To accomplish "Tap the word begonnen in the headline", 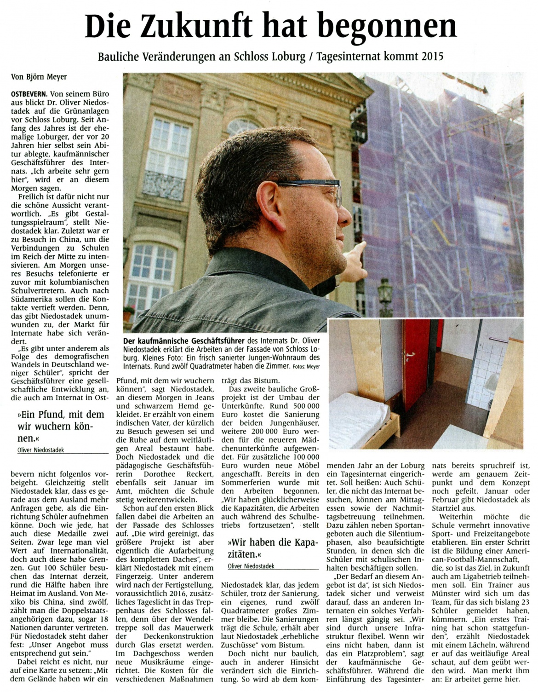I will (x=396, y=27).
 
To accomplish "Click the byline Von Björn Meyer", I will (x=39, y=77).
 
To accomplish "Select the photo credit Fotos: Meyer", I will (x=305, y=366).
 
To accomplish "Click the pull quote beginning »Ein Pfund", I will (x=61, y=426).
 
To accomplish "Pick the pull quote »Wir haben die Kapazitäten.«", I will (x=270, y=547).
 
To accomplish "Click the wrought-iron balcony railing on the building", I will (x=163, y=184).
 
